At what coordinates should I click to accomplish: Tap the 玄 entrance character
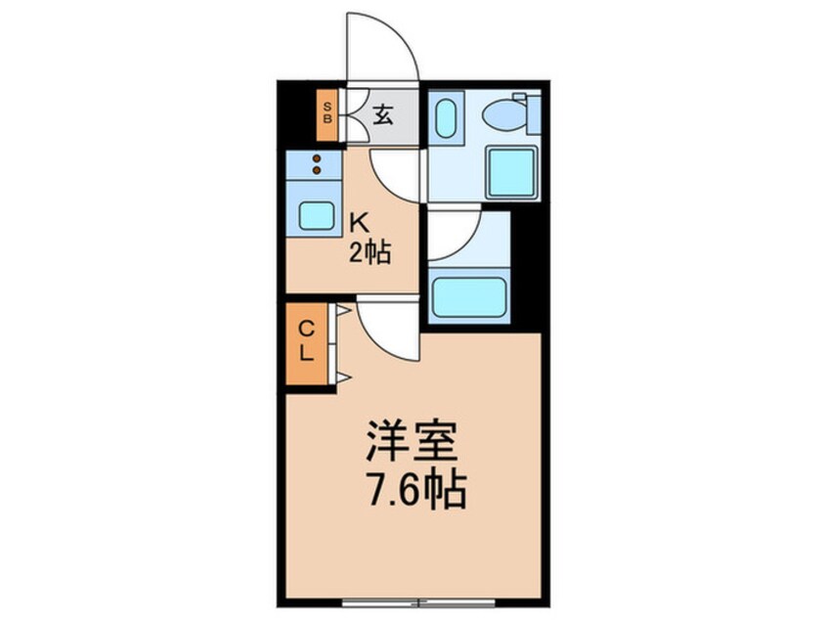click(x=383, y=115)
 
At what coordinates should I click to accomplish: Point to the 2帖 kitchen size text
click(x=371, y=254)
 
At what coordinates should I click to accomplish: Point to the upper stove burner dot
click(x=316, y=157)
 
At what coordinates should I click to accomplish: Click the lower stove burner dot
click(x=316, y=169)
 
